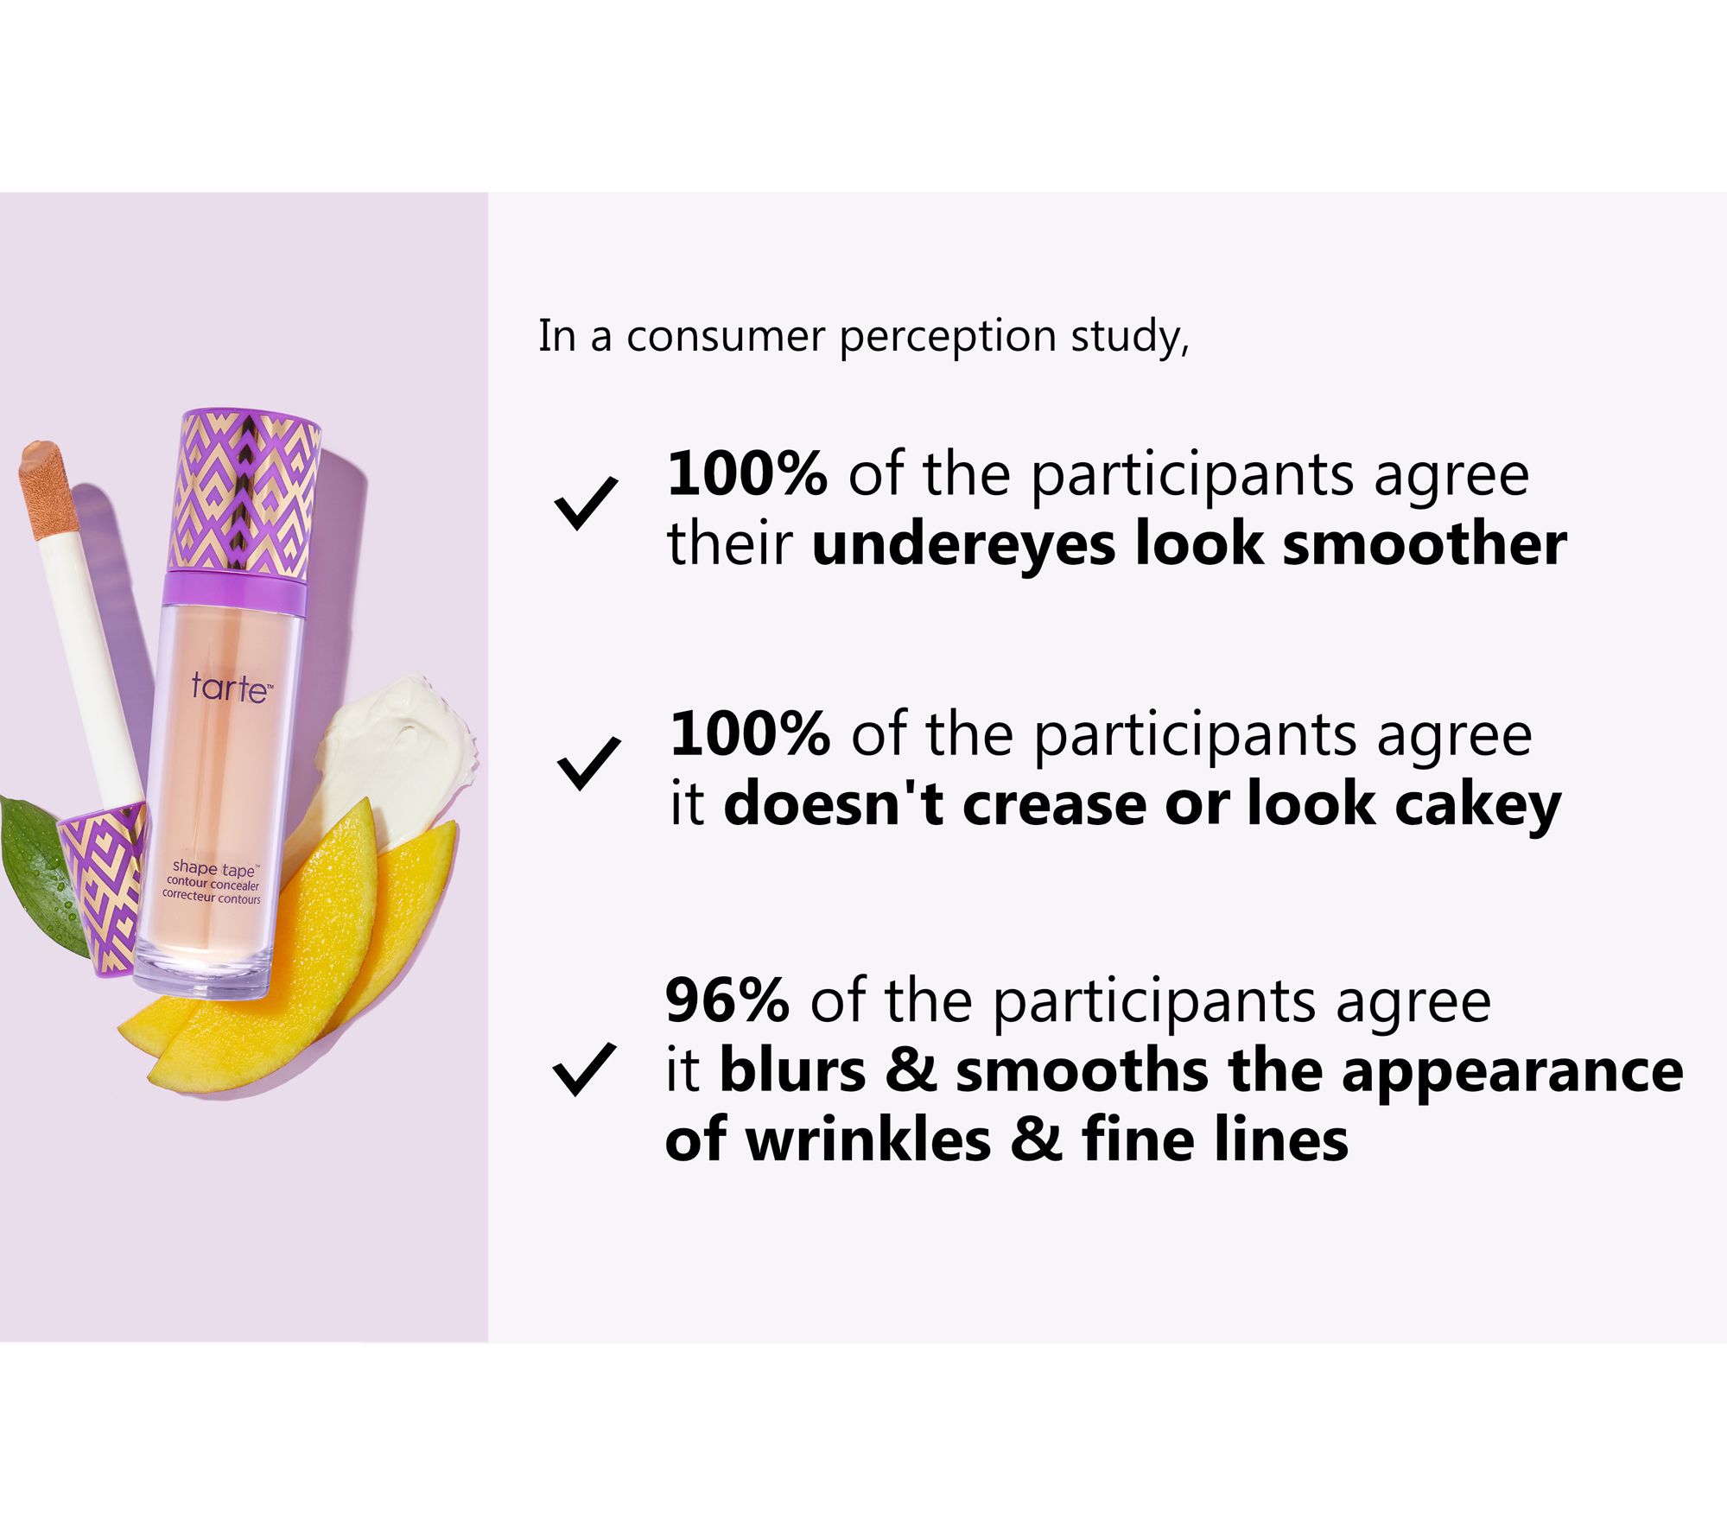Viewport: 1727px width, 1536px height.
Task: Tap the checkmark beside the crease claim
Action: point(588,764)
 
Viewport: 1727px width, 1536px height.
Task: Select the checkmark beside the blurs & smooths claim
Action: point(584,1069)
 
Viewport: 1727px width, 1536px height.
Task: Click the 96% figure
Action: point(727,1001)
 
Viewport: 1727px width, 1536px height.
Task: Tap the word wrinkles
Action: point(868,1139)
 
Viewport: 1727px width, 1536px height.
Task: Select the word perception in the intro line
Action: point(948,338)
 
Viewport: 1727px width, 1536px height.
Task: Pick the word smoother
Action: point(1425,544)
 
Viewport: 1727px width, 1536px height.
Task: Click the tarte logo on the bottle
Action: point(232,688)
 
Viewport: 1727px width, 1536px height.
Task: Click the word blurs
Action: point(792,1071)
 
